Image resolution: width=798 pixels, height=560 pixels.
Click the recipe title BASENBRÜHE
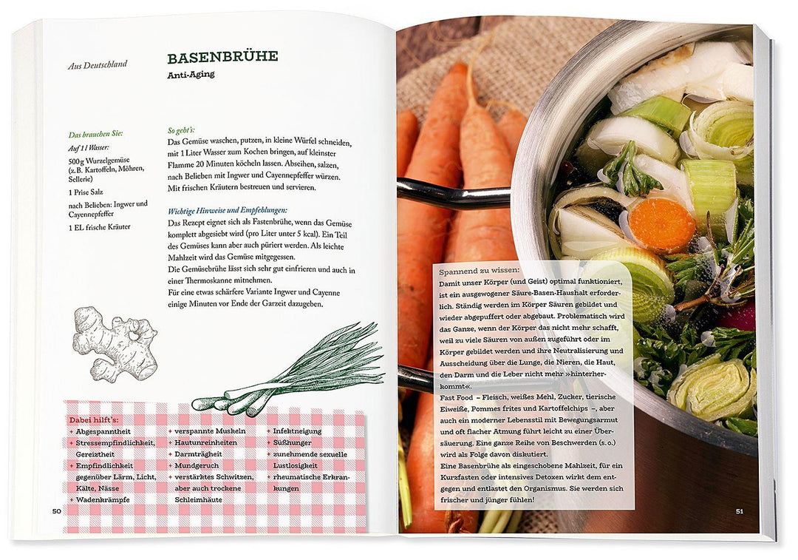(x=222, y=56)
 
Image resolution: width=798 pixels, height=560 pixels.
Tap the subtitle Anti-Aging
(x=191, y=75)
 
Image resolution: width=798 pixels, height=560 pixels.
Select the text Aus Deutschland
(x=98, y=64)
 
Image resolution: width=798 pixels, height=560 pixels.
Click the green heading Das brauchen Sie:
(x=95, y=135)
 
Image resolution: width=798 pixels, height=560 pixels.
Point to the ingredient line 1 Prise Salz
(x=86, y=192)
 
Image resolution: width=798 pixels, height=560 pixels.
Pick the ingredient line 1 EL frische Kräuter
(x=99, y=227)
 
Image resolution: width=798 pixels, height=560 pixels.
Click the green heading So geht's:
(x=181, y=130)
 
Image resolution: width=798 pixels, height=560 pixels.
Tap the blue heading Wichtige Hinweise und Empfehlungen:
(x=228, y=210)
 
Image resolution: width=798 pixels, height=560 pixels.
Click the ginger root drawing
(x=115, y=343)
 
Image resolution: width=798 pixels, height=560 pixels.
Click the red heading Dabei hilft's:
(x=94, y=420)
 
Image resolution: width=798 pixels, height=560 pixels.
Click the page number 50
(x=56, y=511)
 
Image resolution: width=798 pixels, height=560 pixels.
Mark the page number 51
(x=740, y=511)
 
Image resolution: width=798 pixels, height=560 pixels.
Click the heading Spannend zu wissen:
(x=480, y=271)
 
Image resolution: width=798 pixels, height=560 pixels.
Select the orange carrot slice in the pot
(x=661, y=225)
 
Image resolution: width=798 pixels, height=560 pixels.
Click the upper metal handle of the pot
(x=453, y=193)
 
